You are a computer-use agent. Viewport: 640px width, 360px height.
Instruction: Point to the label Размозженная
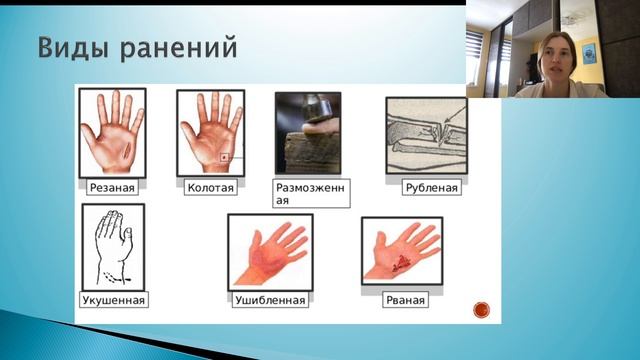tap(311, 192)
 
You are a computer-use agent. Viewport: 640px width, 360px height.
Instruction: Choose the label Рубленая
tap(431, 187)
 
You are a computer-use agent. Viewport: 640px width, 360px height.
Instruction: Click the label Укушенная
tap(113, 299)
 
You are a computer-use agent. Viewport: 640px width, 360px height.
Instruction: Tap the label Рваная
tap(405, 299)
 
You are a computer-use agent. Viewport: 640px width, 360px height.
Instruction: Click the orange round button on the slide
tap(481, 309)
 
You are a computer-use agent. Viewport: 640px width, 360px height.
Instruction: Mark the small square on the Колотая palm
tap(225, 157)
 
